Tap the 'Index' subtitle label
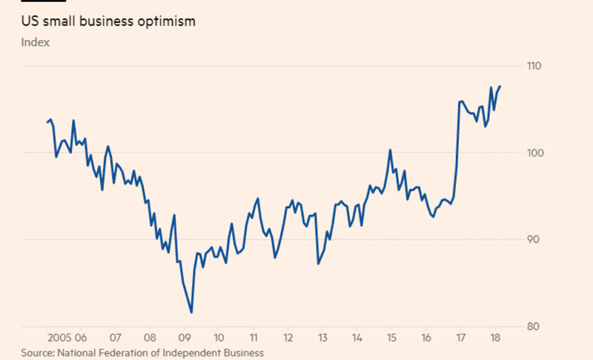35,42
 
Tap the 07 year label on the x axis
115,334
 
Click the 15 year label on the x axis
391,334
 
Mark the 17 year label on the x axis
460,334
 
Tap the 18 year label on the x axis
494,334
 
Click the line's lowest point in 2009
191,313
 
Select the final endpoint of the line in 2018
500,86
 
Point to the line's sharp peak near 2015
390,150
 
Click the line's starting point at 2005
47,121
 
